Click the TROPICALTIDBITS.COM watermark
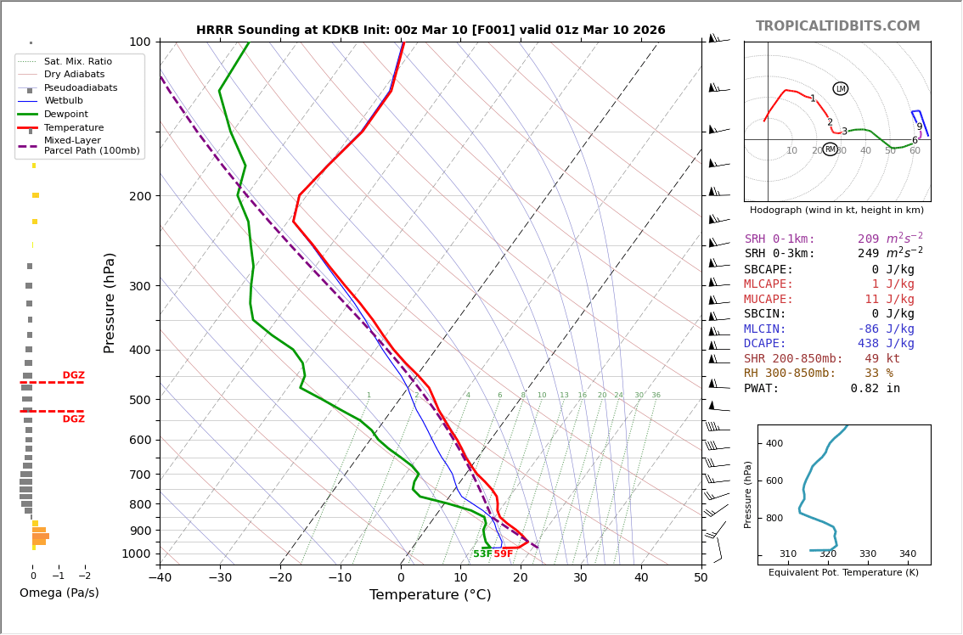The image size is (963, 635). coord(837,26)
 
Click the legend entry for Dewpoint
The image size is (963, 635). coord(66,114)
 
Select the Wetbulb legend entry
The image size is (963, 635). coord(64,101)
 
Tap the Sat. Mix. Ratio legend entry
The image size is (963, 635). coord(78,61)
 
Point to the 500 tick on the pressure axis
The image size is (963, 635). coord(140,400)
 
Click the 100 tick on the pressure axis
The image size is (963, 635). coord(140,42)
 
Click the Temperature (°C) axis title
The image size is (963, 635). coord(430,595)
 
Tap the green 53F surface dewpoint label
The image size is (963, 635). coord(482,554)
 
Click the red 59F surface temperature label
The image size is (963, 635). coord(504,554)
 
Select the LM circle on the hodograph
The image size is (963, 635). coord(841,88)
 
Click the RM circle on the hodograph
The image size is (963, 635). coord(831,149)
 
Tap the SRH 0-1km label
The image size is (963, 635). coord(780,239)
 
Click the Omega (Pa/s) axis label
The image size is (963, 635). coord(59,593)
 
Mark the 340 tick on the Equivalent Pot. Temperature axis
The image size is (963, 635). coord(908,554)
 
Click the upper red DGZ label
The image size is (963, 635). coord(73,375)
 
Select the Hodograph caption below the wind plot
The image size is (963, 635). coord(836,210)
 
